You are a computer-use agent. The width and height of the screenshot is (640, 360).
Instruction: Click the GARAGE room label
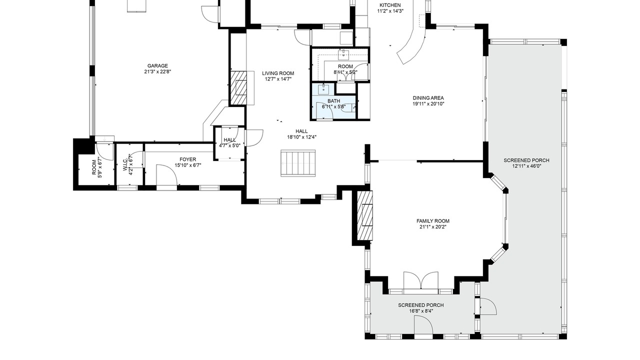click(157, 65)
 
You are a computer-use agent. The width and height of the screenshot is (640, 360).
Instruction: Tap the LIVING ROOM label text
click(278, 73)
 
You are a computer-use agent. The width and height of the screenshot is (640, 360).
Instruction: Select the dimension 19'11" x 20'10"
click(428, 104)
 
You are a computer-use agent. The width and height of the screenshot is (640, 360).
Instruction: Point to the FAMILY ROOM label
click(433, 221)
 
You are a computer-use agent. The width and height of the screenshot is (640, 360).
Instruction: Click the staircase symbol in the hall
click(298, 163)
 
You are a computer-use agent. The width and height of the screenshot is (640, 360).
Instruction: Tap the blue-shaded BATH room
click(333, 101)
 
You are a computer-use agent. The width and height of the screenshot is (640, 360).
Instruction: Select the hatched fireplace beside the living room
click(238, 87)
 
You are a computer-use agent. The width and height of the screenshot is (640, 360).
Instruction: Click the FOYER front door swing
click(167, 175)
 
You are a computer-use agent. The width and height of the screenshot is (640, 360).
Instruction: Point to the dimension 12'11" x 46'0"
click(526, 166)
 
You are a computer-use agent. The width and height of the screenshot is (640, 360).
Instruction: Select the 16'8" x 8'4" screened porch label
click(421, 311)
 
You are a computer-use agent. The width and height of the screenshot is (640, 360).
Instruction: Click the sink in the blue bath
click(323, 89)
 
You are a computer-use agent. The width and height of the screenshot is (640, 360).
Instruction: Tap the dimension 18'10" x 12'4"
click(301, 137)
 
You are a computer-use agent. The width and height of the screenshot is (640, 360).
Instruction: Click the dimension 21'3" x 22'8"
click(157, 71)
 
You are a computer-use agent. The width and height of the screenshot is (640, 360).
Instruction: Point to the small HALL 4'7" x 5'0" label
click(229, 142)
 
